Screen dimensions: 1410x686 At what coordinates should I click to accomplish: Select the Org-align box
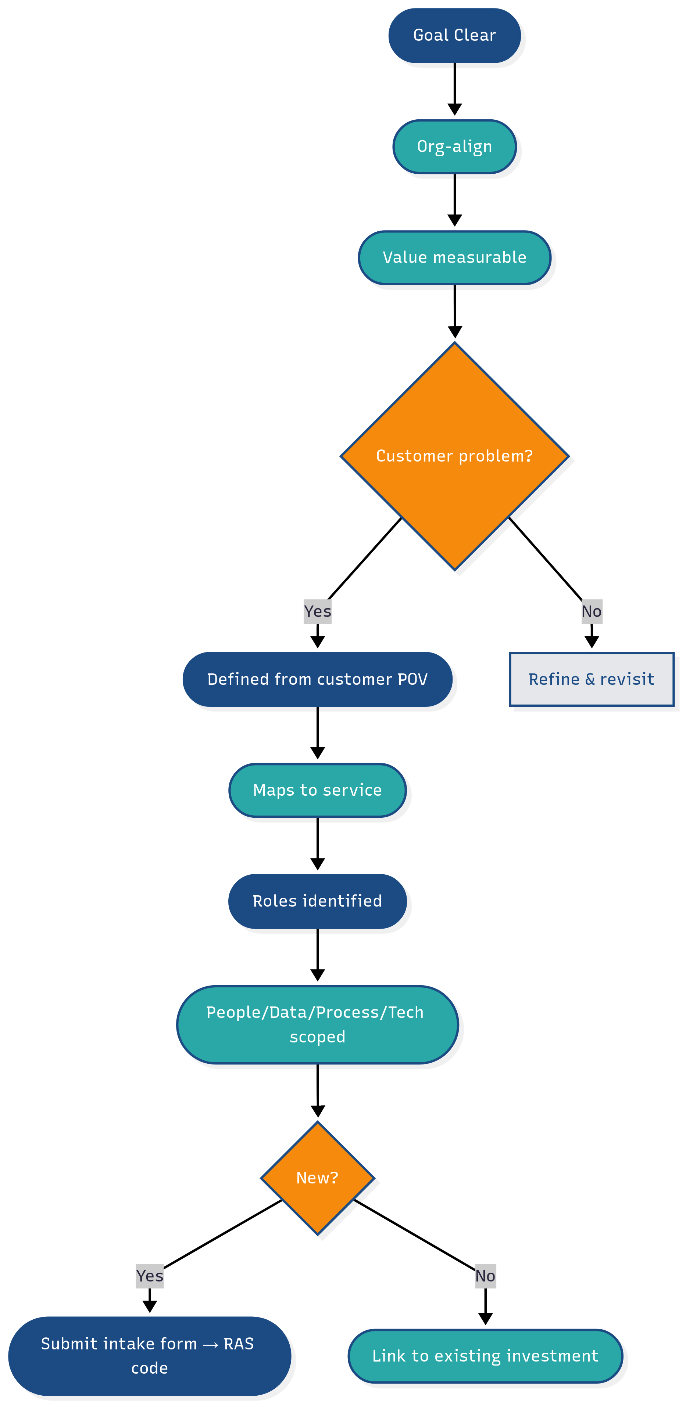454,147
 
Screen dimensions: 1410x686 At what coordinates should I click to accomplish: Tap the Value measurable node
454,257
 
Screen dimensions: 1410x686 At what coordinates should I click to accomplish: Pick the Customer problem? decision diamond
454,456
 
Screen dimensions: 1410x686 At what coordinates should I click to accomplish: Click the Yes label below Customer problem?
317,611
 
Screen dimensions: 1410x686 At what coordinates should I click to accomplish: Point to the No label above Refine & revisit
591,611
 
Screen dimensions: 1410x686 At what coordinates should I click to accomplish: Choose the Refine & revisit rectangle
591,679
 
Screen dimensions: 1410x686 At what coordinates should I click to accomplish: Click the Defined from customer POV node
317,679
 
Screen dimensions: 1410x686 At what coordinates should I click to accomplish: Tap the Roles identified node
317,901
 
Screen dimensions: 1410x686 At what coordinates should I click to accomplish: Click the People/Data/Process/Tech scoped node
317,1024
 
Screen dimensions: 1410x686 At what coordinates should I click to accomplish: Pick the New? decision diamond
317,1177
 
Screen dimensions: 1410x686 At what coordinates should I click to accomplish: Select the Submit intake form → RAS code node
150,1355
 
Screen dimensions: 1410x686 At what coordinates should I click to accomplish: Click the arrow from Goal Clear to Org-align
454,88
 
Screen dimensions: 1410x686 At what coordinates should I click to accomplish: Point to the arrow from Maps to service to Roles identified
317,843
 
